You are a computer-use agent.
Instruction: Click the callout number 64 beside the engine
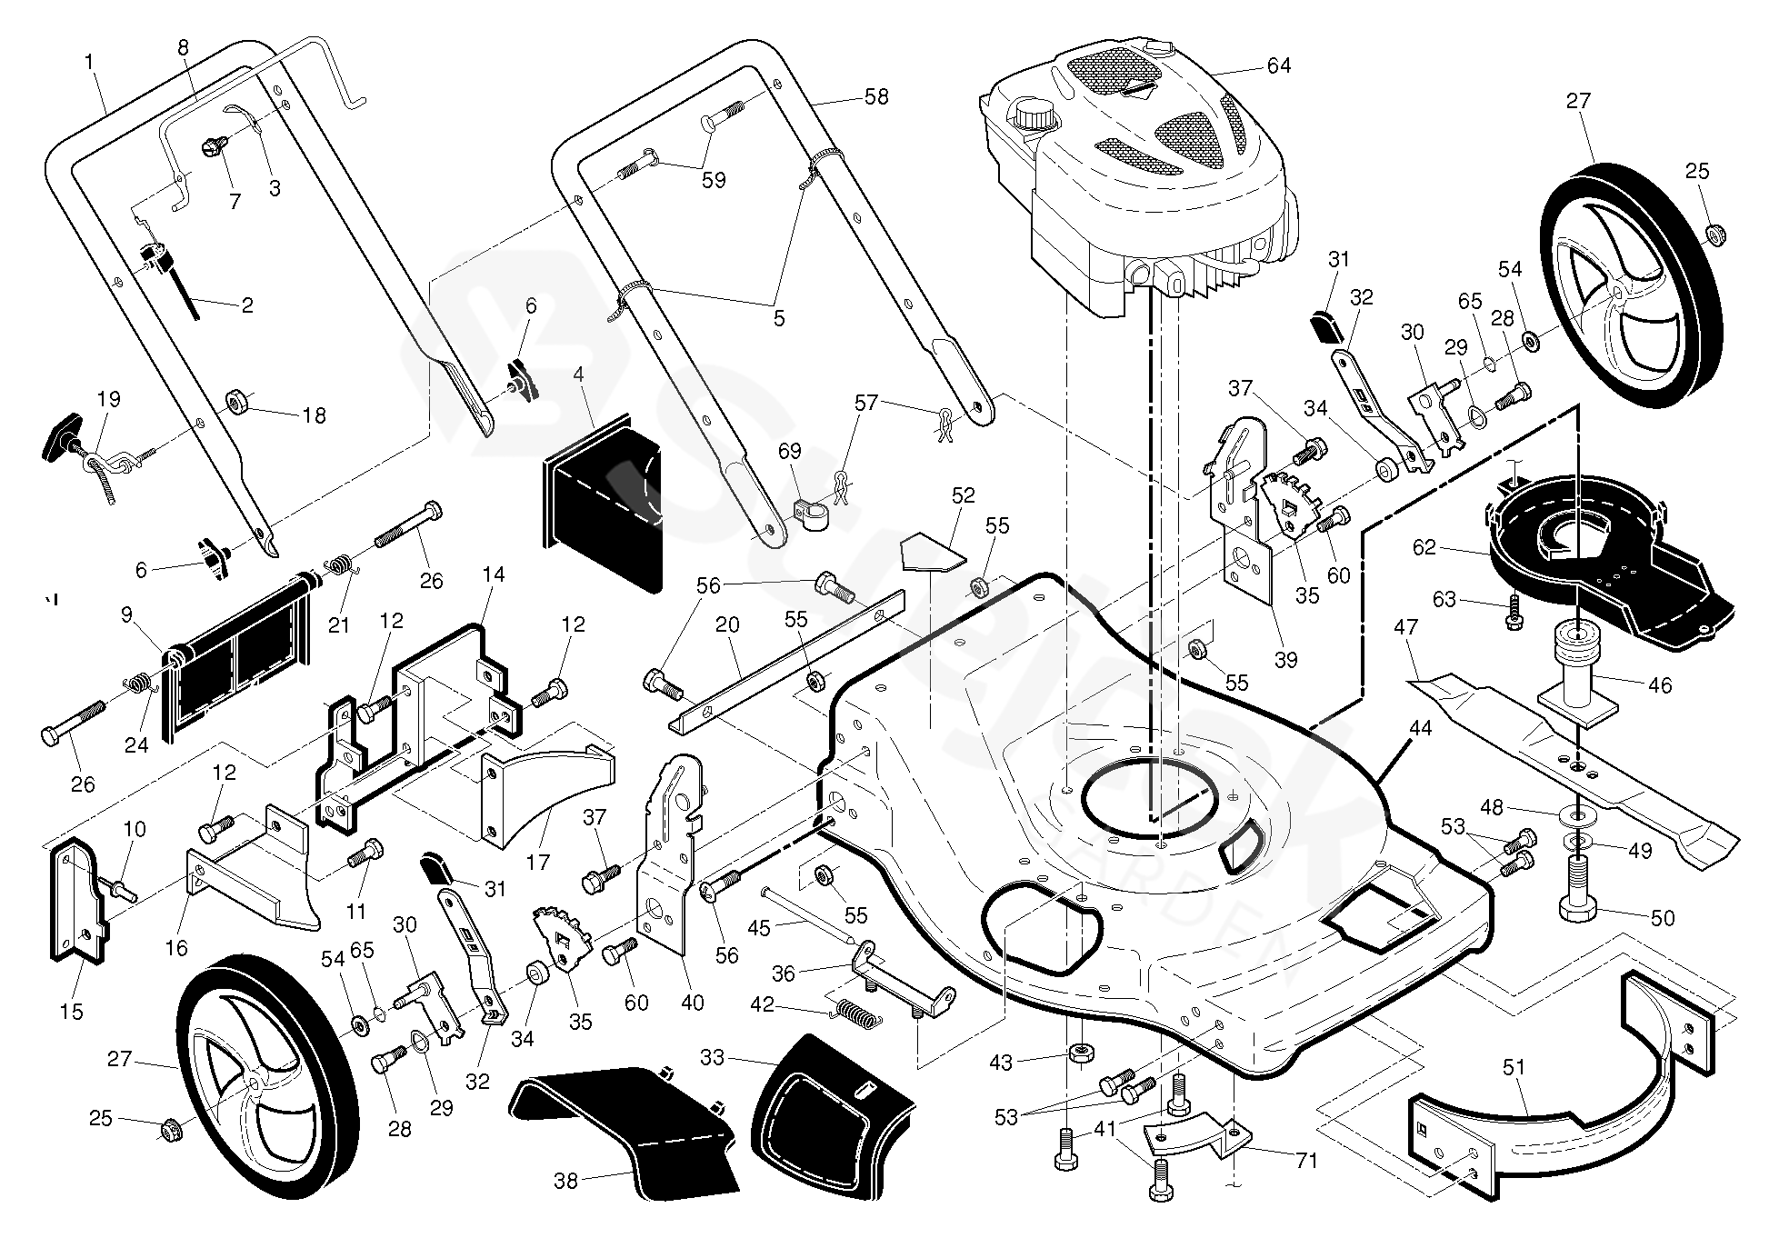point(1278,65)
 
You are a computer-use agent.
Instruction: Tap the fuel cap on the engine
point(1033,115)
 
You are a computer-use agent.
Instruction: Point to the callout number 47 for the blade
point(1405,627)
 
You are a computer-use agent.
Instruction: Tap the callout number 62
point(1424,547)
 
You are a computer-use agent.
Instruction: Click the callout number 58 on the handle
point(875,96)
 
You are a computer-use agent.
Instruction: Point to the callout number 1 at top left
point(89,62)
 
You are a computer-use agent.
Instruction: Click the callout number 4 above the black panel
point(578,374)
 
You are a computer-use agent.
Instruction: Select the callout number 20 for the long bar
point(727,625)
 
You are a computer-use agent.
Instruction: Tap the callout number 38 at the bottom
point(565,1181)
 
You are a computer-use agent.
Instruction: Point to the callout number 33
point(713,1058)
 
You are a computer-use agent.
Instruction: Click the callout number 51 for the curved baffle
point(1513,1067)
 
